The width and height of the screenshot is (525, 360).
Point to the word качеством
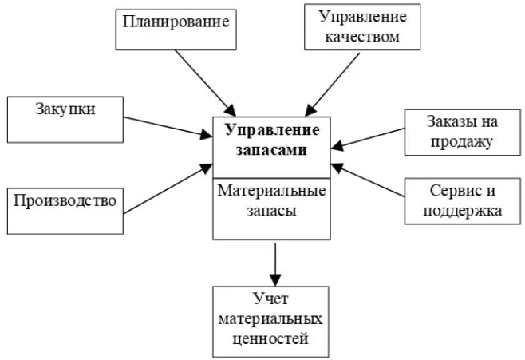click(362, 37)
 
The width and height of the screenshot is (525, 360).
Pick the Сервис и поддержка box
click(453, 200)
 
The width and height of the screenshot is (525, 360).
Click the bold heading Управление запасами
click(271, 139)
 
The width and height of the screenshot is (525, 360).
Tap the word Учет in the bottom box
click(270, 299)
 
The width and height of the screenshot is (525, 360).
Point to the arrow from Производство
click(168, 188)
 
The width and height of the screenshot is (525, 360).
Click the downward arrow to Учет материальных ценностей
click(274, 263)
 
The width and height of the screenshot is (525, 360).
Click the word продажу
click(452, 142)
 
